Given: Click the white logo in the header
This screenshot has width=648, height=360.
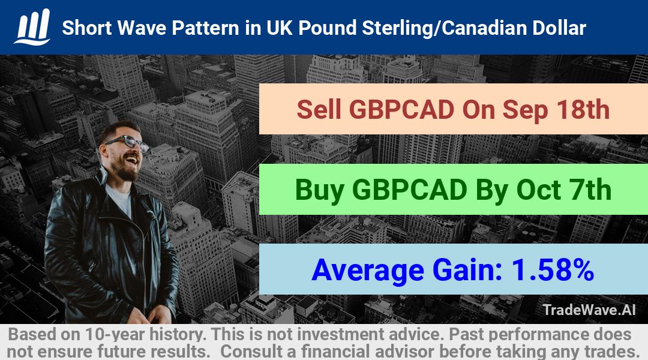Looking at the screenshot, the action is pyautogui.click(x=32, y=27).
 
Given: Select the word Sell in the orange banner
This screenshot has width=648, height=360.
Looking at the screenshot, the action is pyautogui.click(x=319, y=110).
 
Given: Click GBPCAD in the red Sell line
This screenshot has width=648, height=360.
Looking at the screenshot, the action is pyautogui.click(x=401, y=110).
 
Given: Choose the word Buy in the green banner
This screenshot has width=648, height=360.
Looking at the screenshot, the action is pyautogui.click(x=319, y=191).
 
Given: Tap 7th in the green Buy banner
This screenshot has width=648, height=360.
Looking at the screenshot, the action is pyautogui.click(x=588, y=190).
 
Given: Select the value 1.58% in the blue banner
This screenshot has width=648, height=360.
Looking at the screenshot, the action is pyautogui.click(x=553, y=270).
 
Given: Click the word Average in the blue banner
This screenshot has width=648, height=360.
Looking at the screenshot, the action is pyautogui.click(x=368, y=271).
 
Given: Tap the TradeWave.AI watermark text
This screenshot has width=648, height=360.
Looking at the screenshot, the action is pyautogui.click(x=589, y=310).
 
